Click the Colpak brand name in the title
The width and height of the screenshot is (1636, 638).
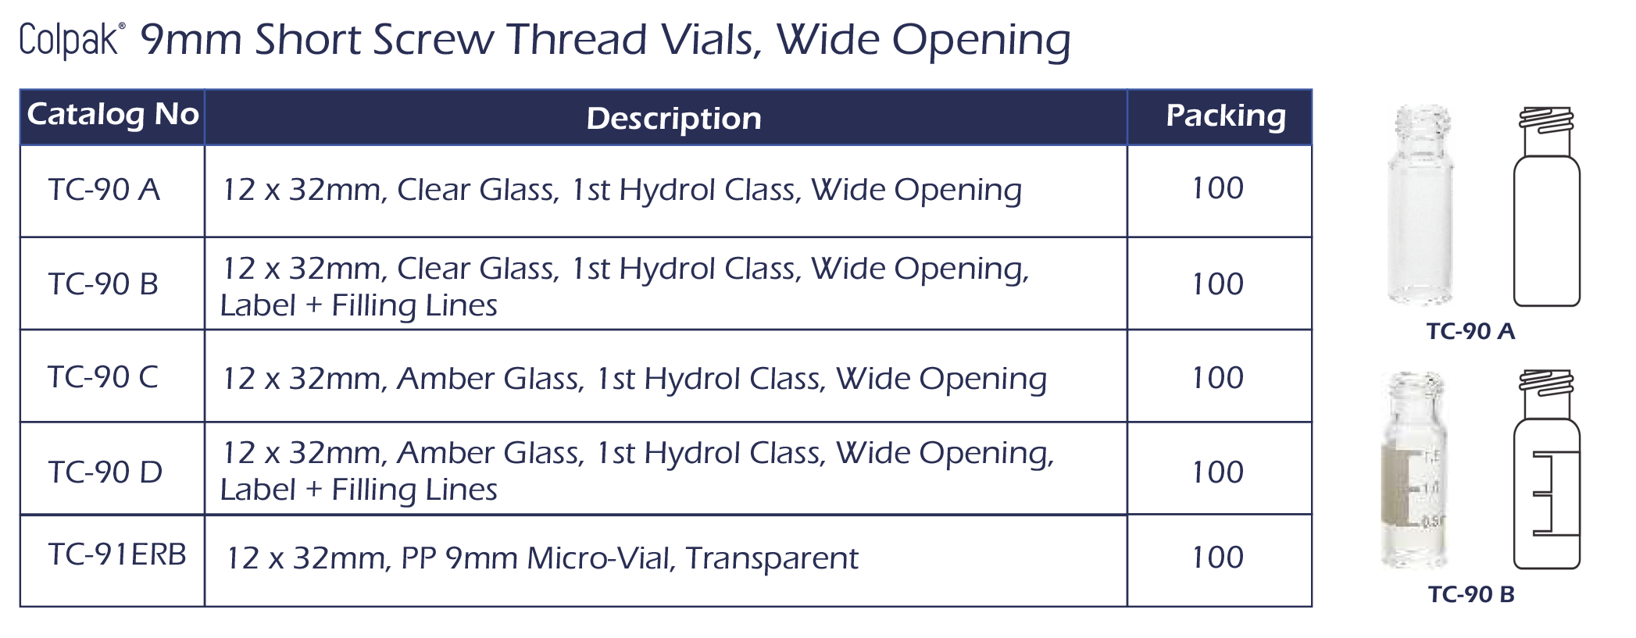[x=69, y=41]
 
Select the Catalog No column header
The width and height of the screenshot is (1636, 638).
[x=113, y=115]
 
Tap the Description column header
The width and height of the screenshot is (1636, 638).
[x=673, y=119]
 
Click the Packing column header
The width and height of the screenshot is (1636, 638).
[x=1225, y=116]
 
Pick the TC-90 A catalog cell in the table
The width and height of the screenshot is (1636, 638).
[x=104, y=190]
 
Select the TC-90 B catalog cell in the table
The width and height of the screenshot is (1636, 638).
[x=103, y=284]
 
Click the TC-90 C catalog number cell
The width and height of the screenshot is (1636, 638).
[x=103, y=377]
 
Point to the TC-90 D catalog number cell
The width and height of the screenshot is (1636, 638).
[x=105, y=472]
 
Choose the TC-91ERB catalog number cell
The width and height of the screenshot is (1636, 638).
[x=117, y=554]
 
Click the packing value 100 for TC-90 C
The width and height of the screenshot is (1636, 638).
[x=1217, y=378]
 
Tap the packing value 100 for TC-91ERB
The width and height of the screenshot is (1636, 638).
[x=1217, y=558]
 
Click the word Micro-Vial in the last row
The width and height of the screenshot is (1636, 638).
[x=601, y=558]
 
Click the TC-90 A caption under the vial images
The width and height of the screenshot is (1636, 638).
[x=1470, y=331]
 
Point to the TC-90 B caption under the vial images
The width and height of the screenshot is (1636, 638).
[x=1471, y=594]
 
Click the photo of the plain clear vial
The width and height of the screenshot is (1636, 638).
[x=1421, y=205]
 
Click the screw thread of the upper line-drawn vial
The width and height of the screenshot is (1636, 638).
[x=1546, y=120]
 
